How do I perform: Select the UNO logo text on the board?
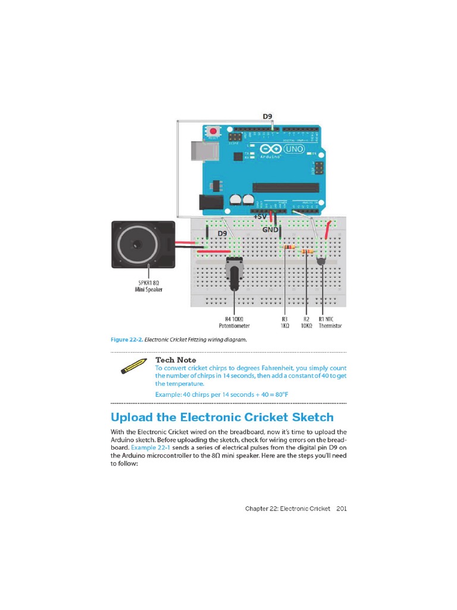[x=295, y=149]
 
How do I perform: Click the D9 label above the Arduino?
[x=269, y=117]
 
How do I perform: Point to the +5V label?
[x=261, y=217]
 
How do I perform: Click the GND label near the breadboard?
[x=271, y=229]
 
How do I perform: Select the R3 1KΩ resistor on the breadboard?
[x=289, y=247]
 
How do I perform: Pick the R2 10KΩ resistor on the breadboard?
[x=307, y=252]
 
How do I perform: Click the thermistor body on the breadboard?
[x=322, y=260]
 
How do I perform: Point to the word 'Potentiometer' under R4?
[x=234, y=326]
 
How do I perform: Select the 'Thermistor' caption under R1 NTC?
[x=330, y=326]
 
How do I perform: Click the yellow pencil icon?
[x=133, y=365]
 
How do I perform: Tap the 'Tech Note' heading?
[x=176, y=360]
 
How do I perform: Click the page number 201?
[x=342, y=509]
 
